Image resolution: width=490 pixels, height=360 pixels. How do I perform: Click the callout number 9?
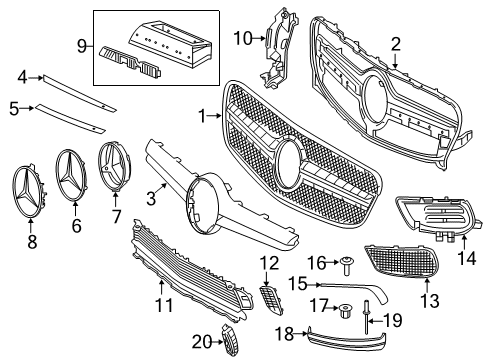coord(82,46)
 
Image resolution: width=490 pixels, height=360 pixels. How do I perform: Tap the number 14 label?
coord(467,258)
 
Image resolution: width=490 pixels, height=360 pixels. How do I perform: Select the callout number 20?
coord(202,342)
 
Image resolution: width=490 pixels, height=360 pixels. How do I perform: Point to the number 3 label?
coord(151,199)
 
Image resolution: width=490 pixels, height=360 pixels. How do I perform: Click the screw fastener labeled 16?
coord(347,266)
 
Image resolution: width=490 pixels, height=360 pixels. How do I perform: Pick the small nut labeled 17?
coord(345,311)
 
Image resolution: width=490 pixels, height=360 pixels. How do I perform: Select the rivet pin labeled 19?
coord(366,317)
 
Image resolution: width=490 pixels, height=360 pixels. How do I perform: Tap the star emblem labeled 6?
coord(72,175)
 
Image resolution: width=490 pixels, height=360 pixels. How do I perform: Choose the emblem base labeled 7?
coord(115,168)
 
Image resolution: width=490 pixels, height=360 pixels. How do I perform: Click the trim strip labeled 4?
coord(80,93)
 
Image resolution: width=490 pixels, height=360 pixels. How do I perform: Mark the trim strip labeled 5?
coord(71,118)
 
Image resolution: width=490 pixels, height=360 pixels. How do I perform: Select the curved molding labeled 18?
coord(347,341)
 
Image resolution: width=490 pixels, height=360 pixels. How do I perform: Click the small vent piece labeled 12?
coord(271,299)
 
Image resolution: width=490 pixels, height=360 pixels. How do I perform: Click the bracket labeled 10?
coord(278,48)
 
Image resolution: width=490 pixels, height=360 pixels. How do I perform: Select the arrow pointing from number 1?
coord(215,116)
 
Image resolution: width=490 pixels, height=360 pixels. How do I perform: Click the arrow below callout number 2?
coord(395,61)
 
